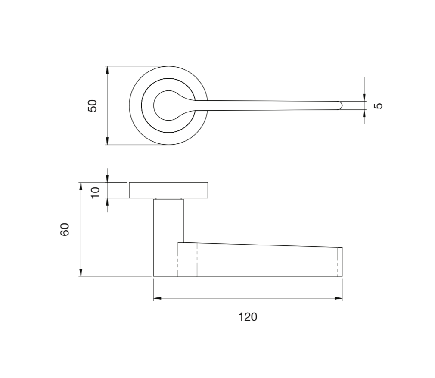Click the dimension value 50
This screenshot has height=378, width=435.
coord(93,105)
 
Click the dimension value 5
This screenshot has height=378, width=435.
coord(378,105)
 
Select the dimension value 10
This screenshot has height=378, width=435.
coord(96,191)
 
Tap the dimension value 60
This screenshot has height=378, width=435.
coord(65,229)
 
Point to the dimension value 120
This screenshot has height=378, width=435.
coord(248,317)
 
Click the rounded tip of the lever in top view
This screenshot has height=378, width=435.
coord(339,105)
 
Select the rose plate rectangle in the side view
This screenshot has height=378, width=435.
coord(168,190)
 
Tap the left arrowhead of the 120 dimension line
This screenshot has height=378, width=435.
coord(157,298)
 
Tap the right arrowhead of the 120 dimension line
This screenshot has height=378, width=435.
coord(339,298)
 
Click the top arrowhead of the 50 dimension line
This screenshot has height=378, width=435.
coord(107,70)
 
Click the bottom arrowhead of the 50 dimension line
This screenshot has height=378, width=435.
coord(107,141)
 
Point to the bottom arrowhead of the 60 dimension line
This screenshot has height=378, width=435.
coord(81,272)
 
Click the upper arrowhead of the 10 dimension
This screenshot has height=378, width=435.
coord(107,179)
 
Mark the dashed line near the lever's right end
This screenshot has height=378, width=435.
coord(338,262)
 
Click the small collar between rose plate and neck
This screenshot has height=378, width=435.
coord(168,199)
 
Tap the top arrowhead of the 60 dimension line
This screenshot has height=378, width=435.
coord(81,186)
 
